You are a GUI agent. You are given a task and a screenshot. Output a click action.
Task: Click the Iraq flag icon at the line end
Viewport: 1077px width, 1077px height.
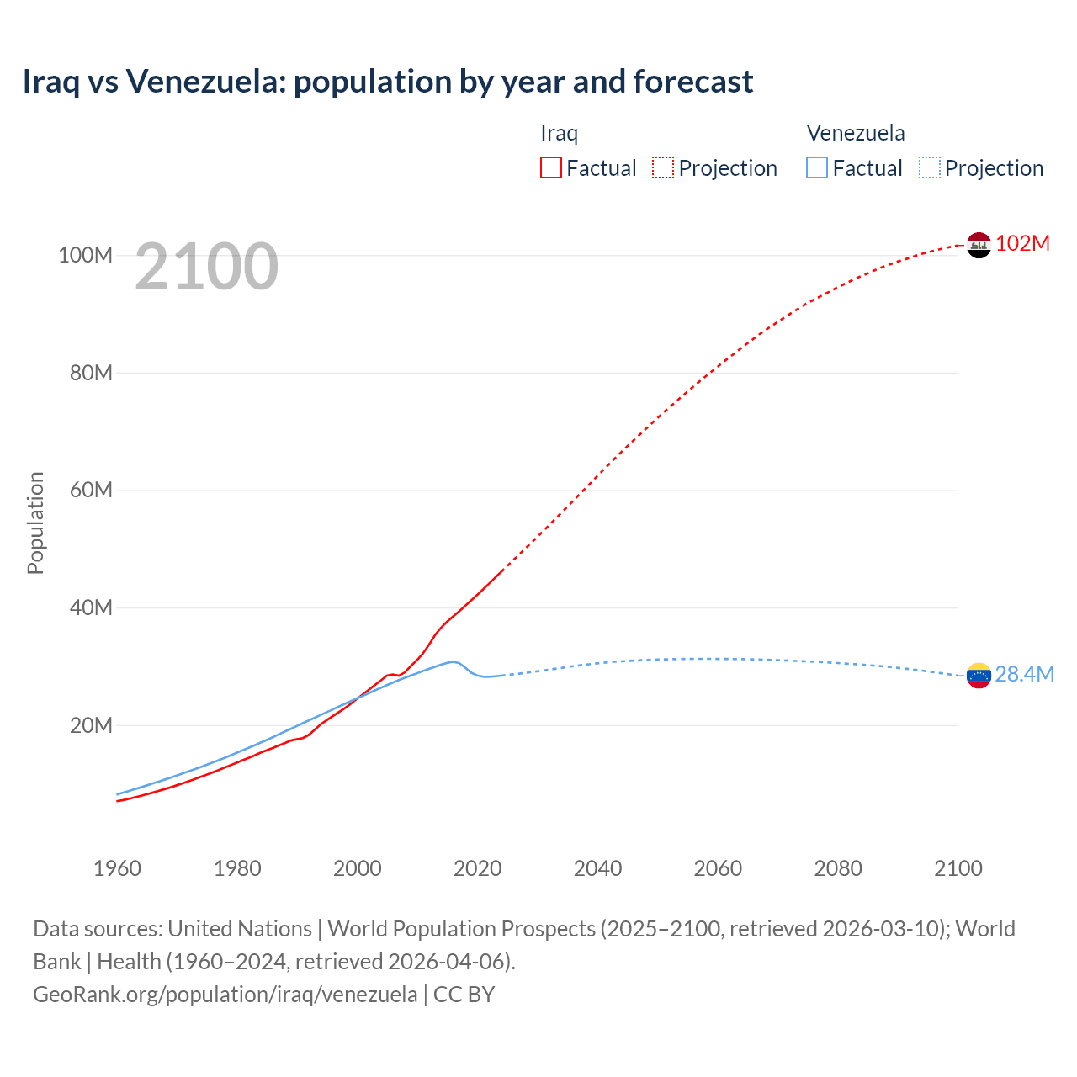[979, 245]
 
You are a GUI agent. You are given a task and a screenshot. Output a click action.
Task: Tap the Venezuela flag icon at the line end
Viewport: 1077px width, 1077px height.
[979, 676]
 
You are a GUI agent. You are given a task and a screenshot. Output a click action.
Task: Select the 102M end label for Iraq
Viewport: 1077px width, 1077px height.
[1022, 243]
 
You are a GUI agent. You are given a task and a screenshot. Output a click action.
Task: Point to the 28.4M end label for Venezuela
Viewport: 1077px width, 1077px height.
[1024, 674]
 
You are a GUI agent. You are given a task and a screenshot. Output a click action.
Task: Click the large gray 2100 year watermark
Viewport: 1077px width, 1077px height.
[206, 267]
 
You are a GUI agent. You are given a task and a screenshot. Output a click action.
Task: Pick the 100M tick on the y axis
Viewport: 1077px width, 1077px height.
[85, 255]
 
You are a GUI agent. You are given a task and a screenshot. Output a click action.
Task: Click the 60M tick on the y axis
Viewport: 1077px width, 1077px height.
[91, 490]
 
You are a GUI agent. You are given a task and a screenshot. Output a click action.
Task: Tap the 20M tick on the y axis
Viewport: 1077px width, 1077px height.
[91, 725]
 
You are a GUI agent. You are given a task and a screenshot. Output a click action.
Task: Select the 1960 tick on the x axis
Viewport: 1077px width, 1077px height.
[117, 868]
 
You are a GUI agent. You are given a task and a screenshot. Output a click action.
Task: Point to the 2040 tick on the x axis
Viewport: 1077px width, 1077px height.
[597, 868]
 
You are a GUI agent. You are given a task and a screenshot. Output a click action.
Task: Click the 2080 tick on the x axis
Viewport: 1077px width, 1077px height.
[838, 868]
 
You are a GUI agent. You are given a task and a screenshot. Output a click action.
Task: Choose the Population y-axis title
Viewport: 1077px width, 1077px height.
[35, 523]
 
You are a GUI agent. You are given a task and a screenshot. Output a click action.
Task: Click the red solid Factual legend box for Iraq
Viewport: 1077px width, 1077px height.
[550, 167]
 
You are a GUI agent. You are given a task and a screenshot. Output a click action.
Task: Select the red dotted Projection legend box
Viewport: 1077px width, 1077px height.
[663, 167]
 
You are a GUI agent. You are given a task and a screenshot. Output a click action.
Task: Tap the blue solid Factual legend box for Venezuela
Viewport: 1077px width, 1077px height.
[817, 167]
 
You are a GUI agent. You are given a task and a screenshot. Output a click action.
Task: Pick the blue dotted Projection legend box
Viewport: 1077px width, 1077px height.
[930, 167]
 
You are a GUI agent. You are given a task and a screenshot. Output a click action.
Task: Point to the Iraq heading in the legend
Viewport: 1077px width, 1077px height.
[559, 133]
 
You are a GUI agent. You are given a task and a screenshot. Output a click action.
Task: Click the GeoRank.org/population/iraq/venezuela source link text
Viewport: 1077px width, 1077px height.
[225, 995]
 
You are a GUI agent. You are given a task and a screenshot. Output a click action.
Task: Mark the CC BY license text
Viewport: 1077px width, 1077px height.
[464, 995]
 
